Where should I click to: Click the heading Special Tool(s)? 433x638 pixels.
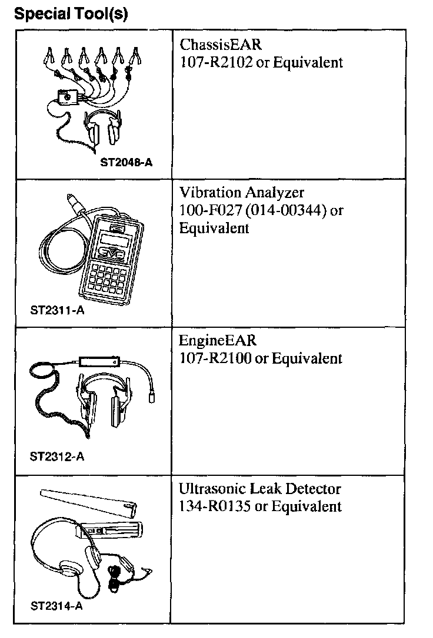71,14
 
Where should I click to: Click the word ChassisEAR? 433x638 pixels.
220,45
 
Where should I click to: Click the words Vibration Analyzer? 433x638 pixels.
242,193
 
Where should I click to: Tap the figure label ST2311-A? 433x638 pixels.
57,310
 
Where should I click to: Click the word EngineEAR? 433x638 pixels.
218,341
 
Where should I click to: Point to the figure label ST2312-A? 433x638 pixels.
56,456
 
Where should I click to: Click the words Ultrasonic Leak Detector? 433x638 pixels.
260,489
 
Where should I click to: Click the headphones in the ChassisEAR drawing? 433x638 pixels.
103,127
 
